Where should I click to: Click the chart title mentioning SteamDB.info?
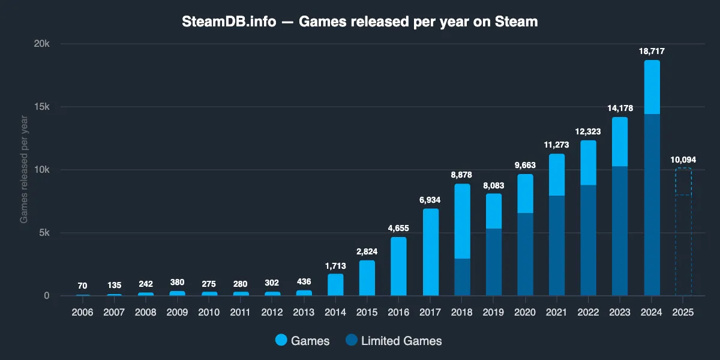359,22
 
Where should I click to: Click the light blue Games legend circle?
281,341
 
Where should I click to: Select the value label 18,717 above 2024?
652,52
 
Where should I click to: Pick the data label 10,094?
683,160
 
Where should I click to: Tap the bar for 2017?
430,252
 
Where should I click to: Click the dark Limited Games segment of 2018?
462,277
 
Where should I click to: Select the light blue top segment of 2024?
652,87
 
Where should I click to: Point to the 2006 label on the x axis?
83,313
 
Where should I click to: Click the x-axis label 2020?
525,313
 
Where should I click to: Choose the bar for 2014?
335,285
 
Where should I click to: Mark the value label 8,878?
462,175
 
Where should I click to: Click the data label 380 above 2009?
177,282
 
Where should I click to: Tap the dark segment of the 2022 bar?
588,240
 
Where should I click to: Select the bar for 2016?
398,266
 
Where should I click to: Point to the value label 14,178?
620,109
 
